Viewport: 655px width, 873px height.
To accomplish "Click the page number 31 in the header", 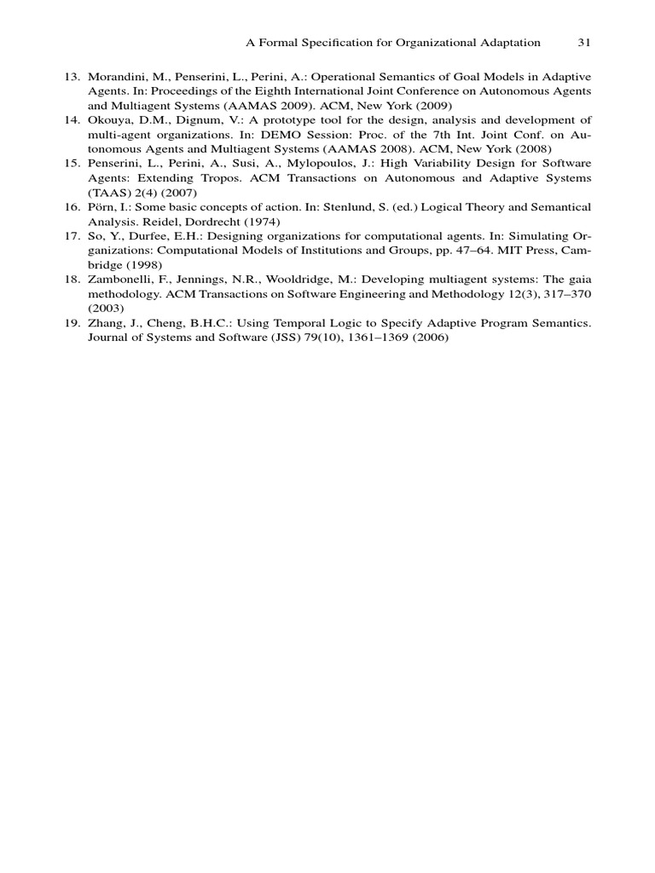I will point(584,42).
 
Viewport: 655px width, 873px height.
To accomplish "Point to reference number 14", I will point(72,120).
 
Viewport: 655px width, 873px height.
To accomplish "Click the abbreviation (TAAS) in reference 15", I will point(106,192).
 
